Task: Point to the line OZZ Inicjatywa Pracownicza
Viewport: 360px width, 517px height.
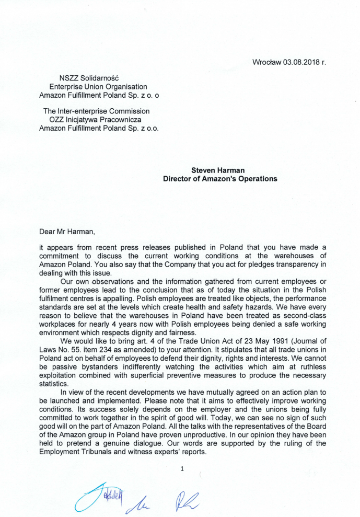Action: pos(96,119)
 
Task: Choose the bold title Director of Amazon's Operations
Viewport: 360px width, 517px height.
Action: pos(220,178)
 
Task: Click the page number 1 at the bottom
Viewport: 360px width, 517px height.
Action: pos(182,469)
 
